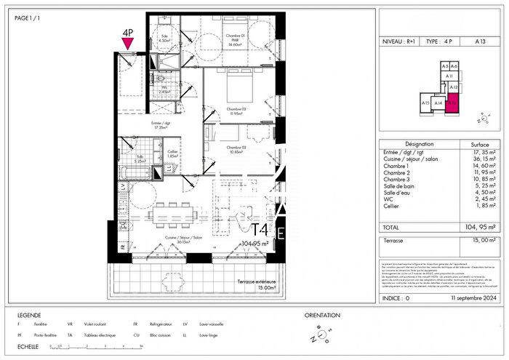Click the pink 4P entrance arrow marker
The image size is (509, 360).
[x=128, y=44]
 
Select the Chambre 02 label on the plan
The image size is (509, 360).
[x=234, y=110]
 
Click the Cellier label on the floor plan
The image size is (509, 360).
[x=172, y=153]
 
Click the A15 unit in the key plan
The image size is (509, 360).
[x=425, y=103]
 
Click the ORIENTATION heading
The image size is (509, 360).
[x=321, y=315]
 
